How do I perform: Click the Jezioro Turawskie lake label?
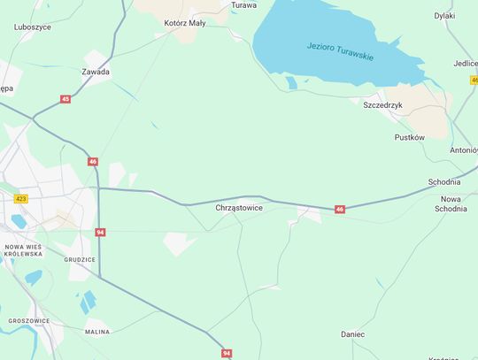340,51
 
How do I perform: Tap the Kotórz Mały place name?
185,23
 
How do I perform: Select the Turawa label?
243,5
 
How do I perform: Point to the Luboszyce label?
33,27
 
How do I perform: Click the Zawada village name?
96,72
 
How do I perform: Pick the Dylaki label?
444,16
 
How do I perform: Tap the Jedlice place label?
466,64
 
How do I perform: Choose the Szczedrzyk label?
383,104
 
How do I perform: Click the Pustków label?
410,137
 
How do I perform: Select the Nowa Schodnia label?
451,203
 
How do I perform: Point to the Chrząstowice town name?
239,208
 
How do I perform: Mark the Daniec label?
353,334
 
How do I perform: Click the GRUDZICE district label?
80,259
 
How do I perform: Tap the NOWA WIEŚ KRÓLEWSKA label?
24,249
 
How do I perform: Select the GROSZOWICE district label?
28,321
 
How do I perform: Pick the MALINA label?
97,332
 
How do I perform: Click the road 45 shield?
66,99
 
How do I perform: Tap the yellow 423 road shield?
21,199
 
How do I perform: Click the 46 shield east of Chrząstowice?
340,210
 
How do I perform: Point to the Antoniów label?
464,150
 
